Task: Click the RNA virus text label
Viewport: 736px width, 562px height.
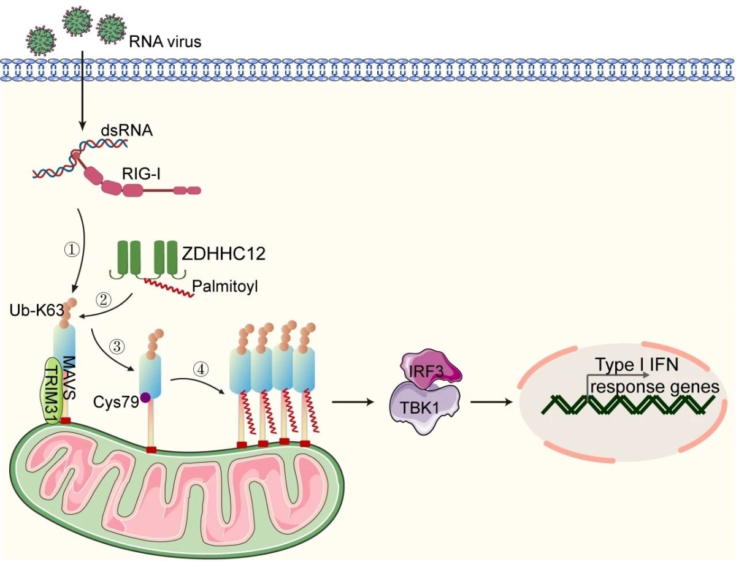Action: click(164, 42)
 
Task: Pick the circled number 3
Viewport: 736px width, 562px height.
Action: click(118, 346)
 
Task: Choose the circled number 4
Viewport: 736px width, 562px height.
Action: click(200, 370)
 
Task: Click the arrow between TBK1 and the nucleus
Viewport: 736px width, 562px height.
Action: click(491, 402)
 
